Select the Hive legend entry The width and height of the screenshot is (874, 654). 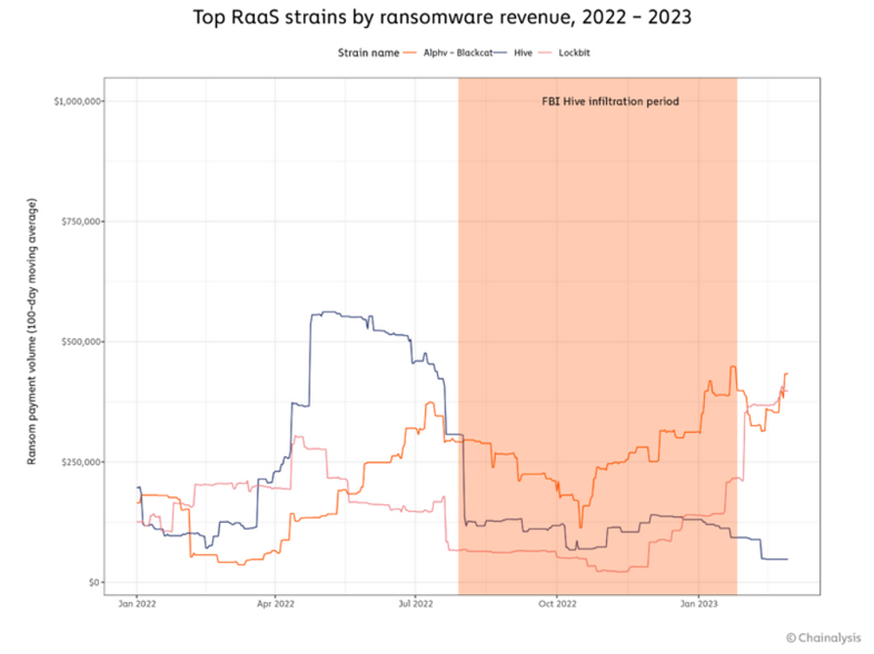pos(523,53)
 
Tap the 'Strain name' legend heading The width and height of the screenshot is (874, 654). pos(369,53)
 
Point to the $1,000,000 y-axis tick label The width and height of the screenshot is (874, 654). pos(79,101)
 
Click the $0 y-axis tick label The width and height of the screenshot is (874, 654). pos(95,582)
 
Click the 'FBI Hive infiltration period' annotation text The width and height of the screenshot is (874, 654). pos(610,101)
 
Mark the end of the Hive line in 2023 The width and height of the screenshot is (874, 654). pos(786,559)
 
